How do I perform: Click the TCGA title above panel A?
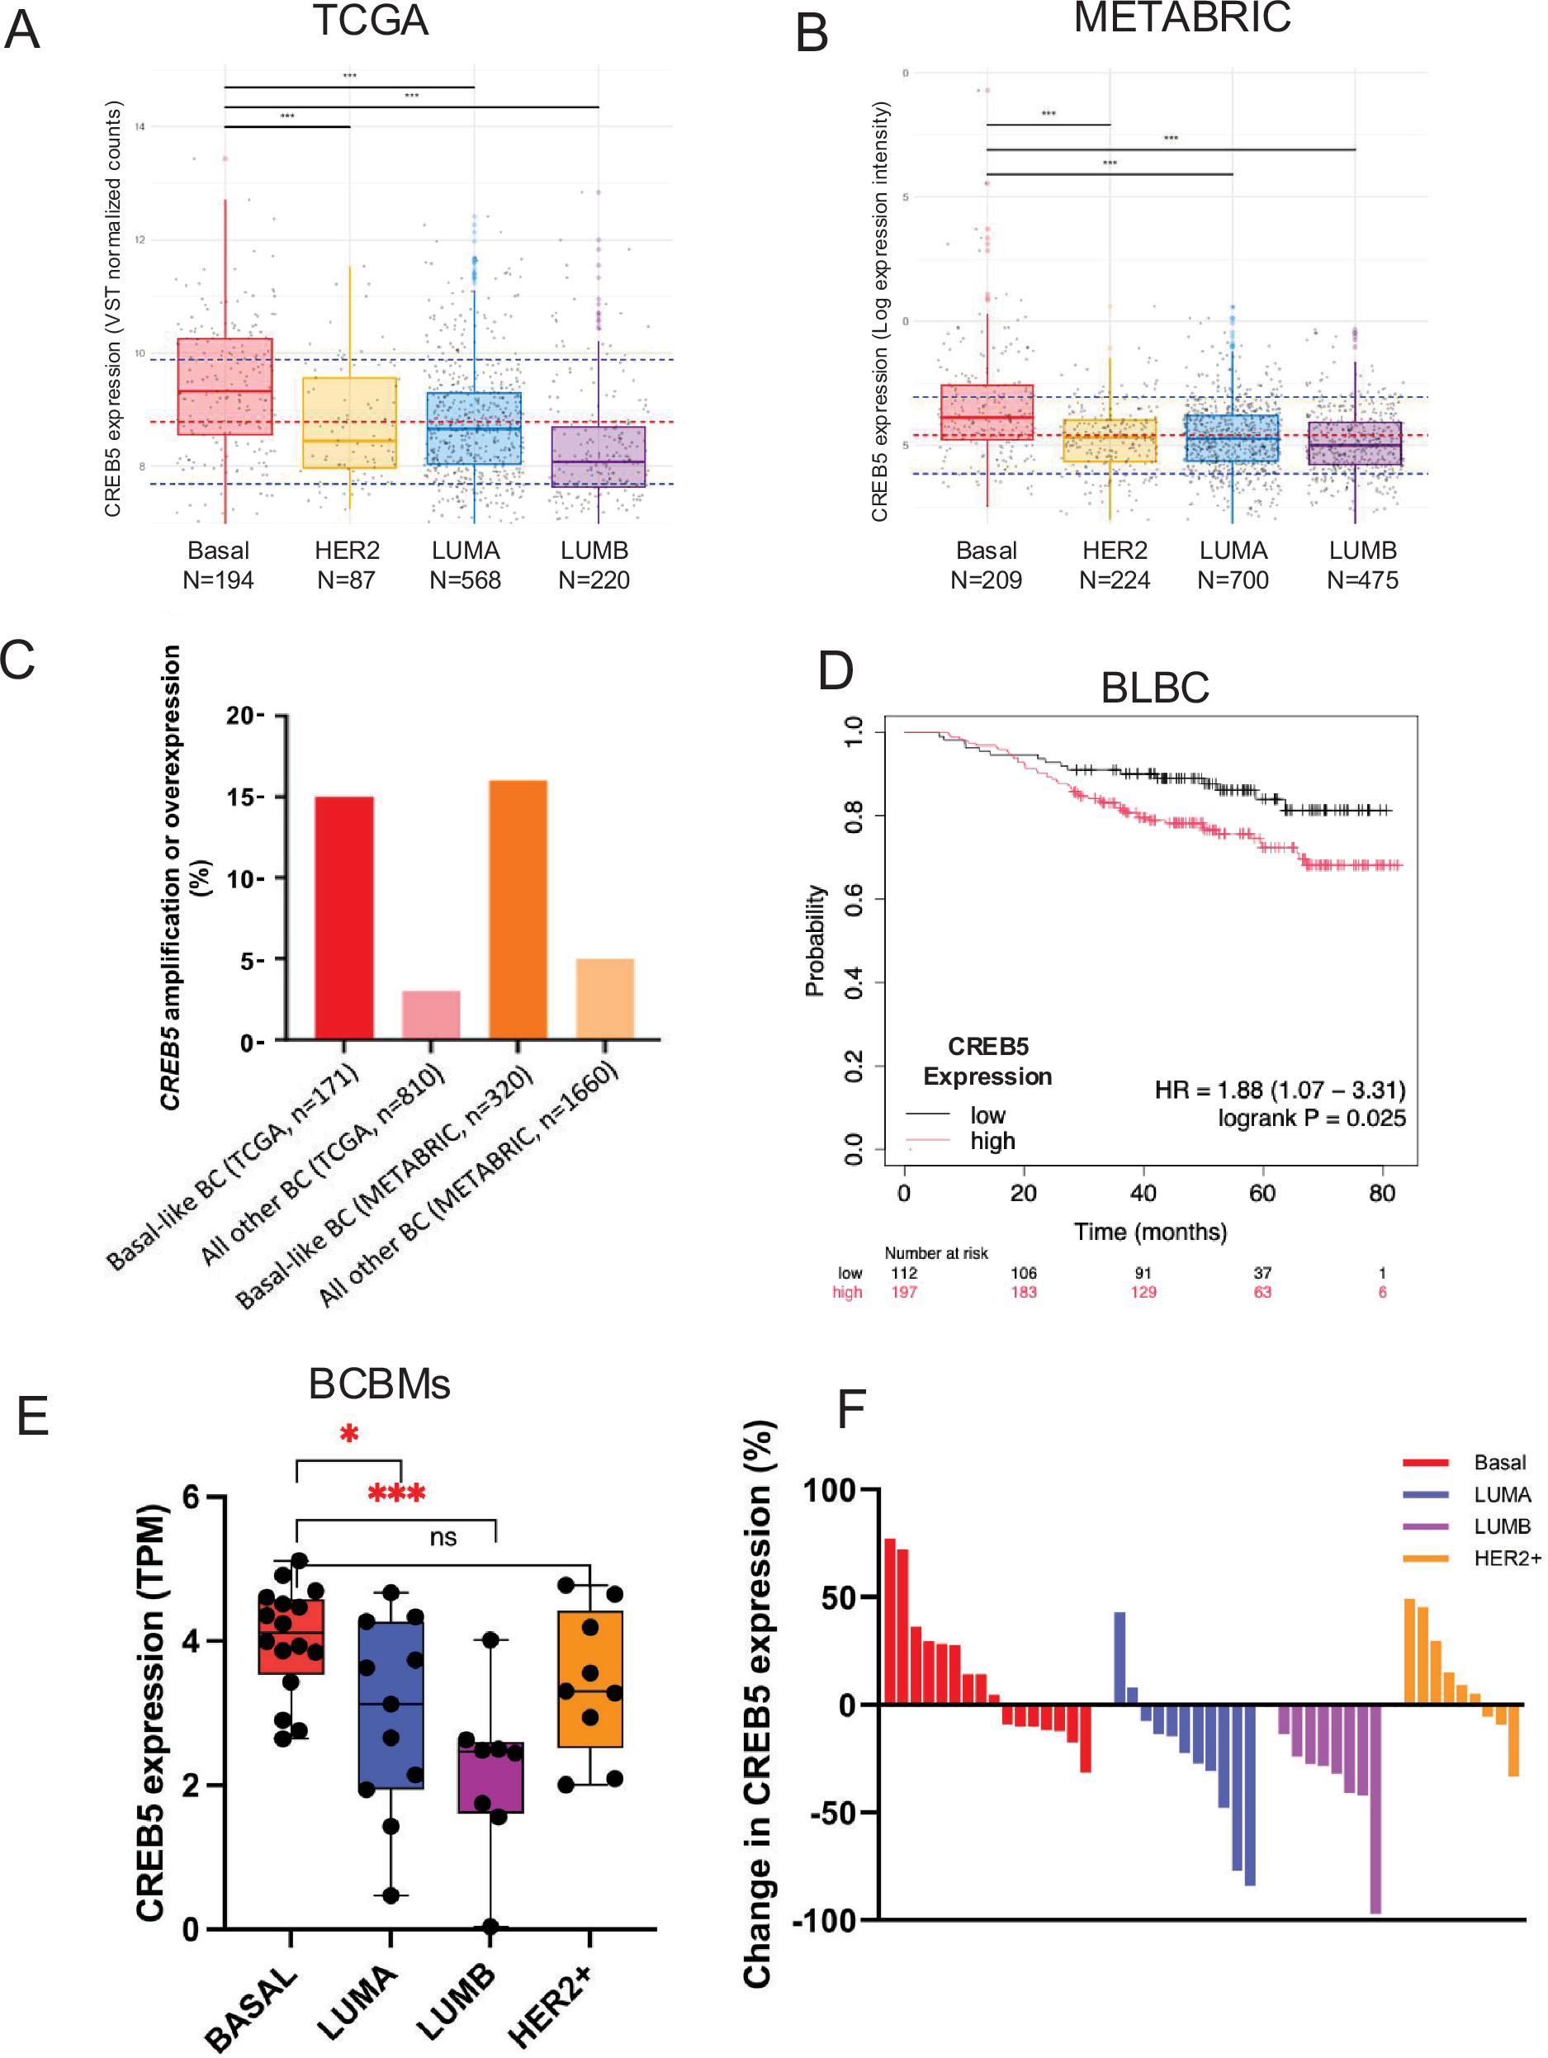tap(370, 21)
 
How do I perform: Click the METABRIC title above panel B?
tap(1181, 17)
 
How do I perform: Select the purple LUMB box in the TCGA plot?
tap(599, 456)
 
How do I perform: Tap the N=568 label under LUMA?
tap(465, 580)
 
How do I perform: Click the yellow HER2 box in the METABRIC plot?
tap(1110, 440)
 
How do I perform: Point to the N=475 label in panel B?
tap(1362, 580)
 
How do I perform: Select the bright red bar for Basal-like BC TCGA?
tap(344, 916)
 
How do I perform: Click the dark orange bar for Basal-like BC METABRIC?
tap(518, 909)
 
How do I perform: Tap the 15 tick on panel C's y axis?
tap(244, 797)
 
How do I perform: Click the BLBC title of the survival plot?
tap(1154, 688)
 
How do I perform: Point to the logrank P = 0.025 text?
tap(1312, 1119)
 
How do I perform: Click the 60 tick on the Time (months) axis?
tap(1262, 1194)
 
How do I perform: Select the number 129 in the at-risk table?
tap(1143, 1292)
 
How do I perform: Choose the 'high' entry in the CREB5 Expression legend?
tap(992, 1142)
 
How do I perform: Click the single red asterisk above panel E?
tap(349, 1435)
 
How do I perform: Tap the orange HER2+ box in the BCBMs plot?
tap(589, 1679)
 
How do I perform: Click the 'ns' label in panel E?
tap(443, 1537)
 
